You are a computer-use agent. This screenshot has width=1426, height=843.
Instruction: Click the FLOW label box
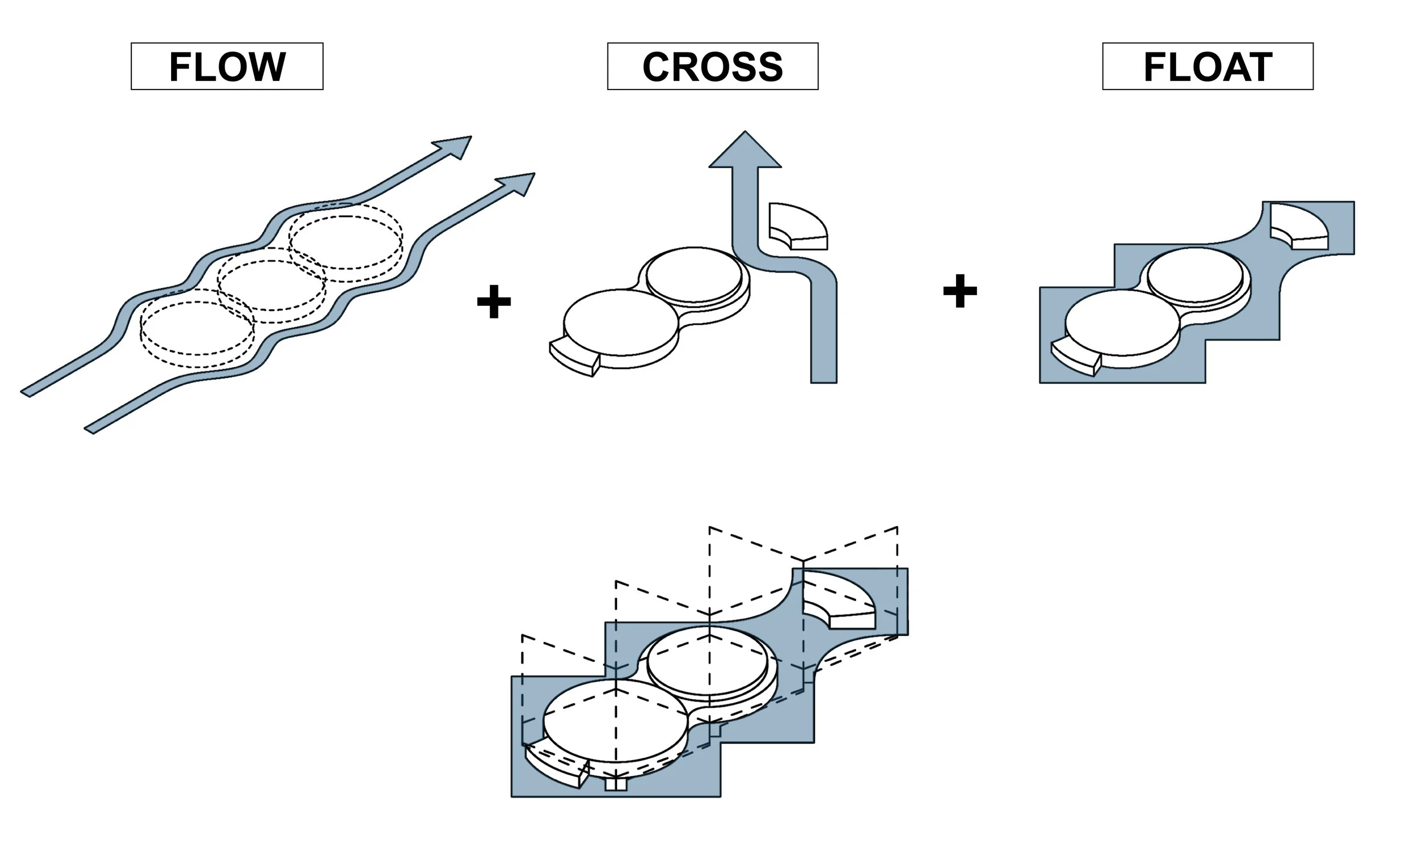(227, 66)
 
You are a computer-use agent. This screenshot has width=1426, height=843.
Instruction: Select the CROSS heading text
(712, 67)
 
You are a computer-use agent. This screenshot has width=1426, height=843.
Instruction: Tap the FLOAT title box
(1208, 67)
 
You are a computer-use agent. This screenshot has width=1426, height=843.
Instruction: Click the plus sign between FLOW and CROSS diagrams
(493, 302)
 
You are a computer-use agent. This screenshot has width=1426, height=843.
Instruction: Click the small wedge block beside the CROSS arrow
(797, 226)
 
